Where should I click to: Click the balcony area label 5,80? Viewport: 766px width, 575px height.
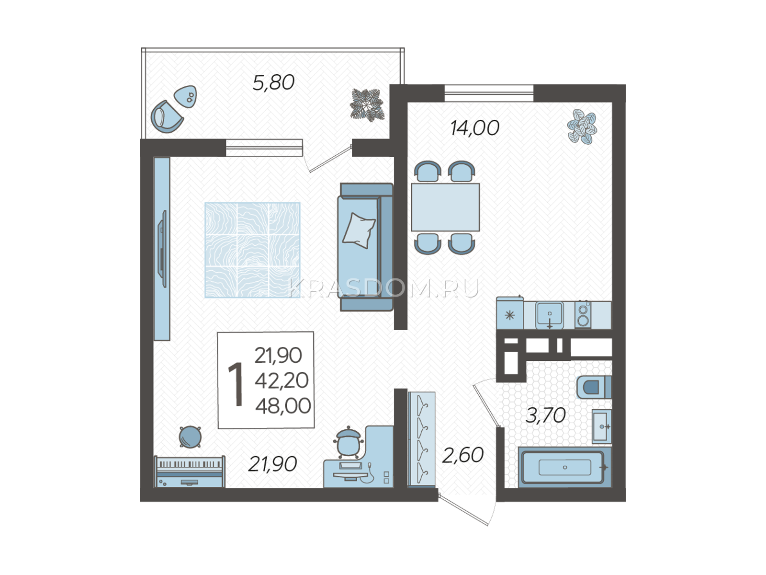(273, 83)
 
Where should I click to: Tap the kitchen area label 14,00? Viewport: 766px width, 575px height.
(475, 128)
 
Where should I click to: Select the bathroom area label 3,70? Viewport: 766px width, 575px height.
(545, 416)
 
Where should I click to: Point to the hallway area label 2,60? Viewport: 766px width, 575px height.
(463, 455)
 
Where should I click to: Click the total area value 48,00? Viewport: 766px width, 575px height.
(283, 406)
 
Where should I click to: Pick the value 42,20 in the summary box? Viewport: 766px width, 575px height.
(282, 380)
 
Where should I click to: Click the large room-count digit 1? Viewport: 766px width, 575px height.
(236, 384)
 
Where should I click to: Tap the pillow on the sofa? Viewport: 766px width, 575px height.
(359, 231)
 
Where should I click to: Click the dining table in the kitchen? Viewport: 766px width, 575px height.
(445, 207)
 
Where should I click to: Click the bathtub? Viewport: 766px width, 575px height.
(565, 467)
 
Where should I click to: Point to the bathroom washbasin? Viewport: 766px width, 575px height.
(602, 426)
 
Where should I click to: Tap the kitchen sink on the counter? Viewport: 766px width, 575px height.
(550, 315)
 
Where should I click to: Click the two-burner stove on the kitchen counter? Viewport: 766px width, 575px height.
(583, 314)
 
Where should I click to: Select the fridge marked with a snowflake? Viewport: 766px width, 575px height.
(510, 313)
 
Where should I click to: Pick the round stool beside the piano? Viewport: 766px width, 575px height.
(190, 437)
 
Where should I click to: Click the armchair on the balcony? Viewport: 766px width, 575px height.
(167, 117)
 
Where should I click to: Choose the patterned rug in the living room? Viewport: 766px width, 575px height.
(252, 250)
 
